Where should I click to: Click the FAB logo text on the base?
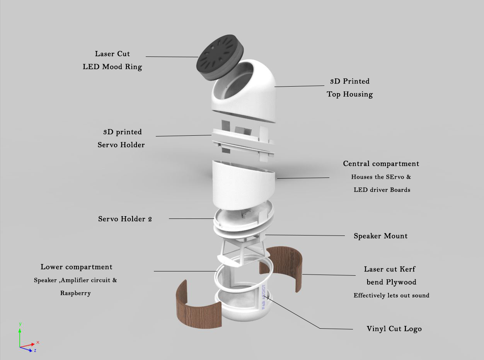[264, 298]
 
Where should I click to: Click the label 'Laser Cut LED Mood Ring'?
[112, 60]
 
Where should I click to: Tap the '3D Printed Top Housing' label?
[350, 88]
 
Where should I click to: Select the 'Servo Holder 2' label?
[125, 219]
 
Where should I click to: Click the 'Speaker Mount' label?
[380, 236]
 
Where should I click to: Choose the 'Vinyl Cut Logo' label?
[394, 329]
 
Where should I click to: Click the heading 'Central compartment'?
[381, 164]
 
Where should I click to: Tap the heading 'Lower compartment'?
[77, 267]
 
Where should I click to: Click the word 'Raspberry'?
[75, 293]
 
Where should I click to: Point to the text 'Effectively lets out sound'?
[391, 295]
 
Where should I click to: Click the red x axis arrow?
[31, 344]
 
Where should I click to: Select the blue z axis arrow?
[27, 349]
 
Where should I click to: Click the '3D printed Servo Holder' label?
[122, 138]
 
